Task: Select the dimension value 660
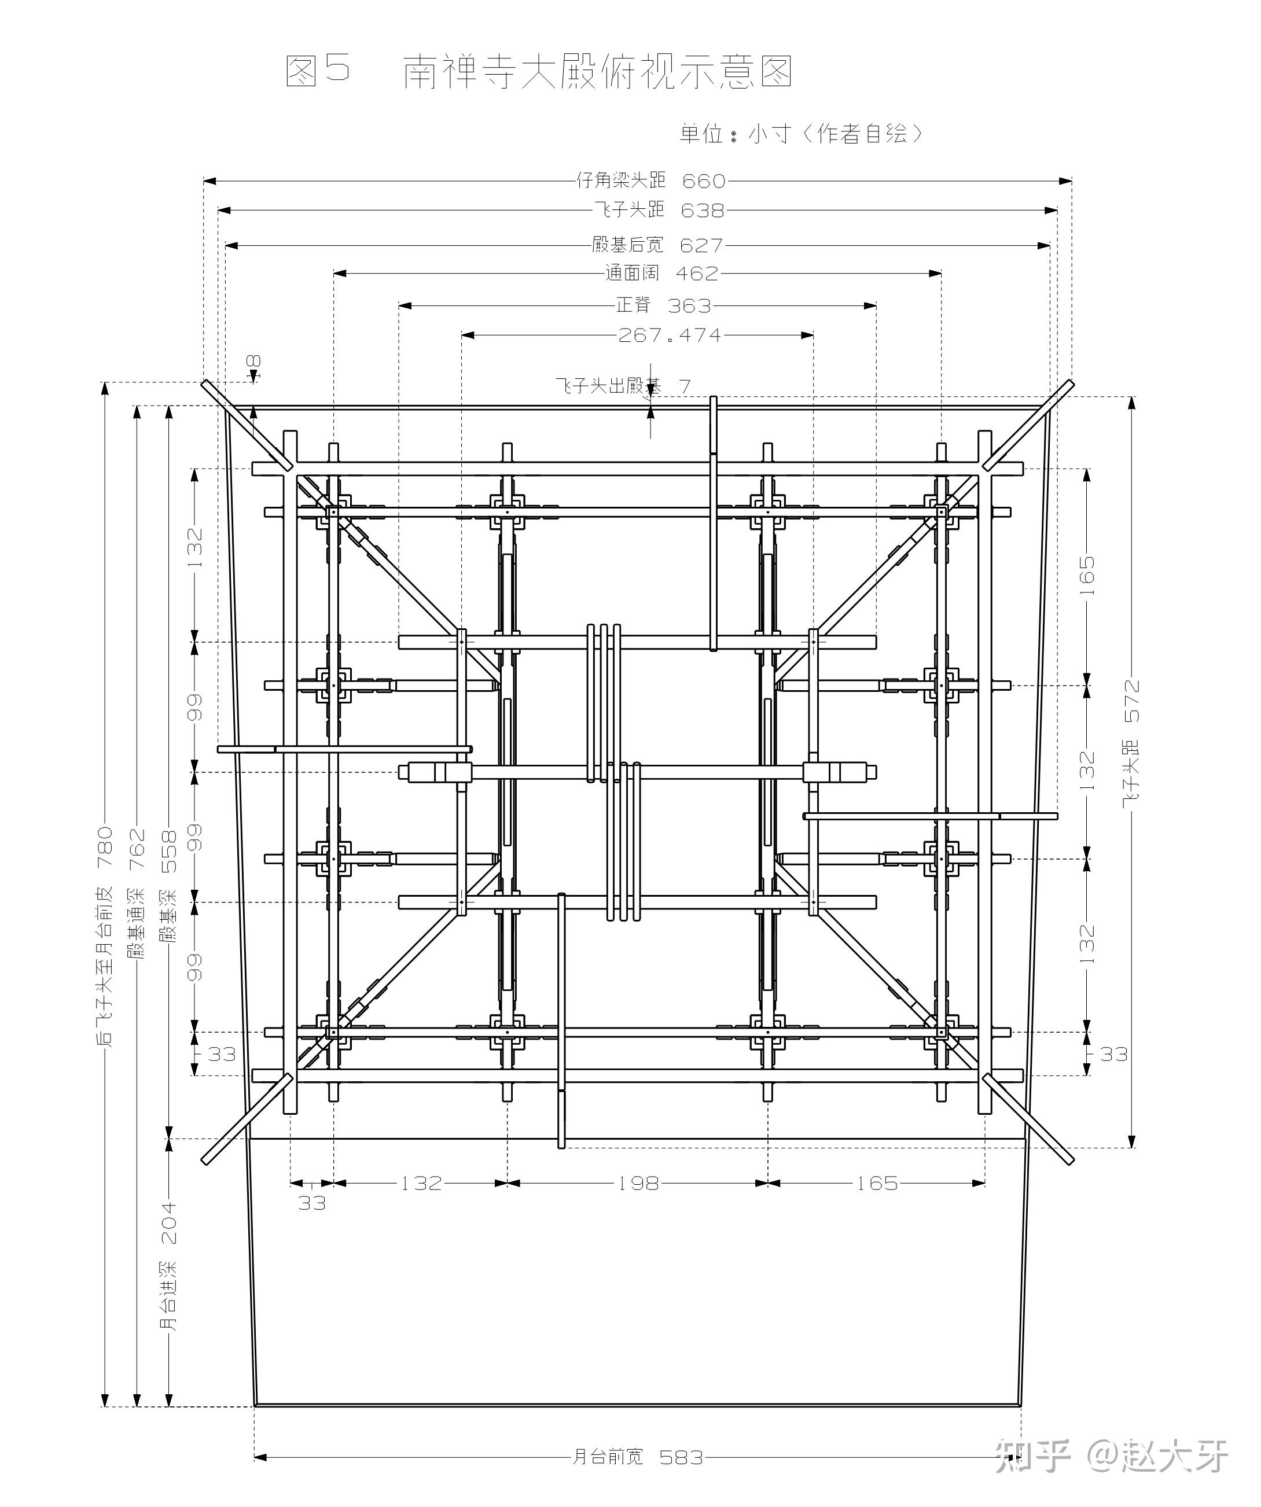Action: click(x=703, y=181)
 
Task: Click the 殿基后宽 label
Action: click(x=627, y=245)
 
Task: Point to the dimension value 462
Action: click(x=696, y=274)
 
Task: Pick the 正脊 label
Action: click(x=633, y=305)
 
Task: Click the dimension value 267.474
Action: click(x=669, y=335)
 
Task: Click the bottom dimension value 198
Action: click(x=638, y=1182)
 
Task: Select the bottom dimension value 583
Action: click(x=681, y=1457)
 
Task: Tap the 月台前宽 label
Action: click(x=608, y=1457)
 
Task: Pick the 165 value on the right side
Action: click(x=1087, y=575)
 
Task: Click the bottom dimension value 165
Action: click(x=877, y=1182)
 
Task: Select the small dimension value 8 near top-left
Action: click(x=255, y=361)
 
